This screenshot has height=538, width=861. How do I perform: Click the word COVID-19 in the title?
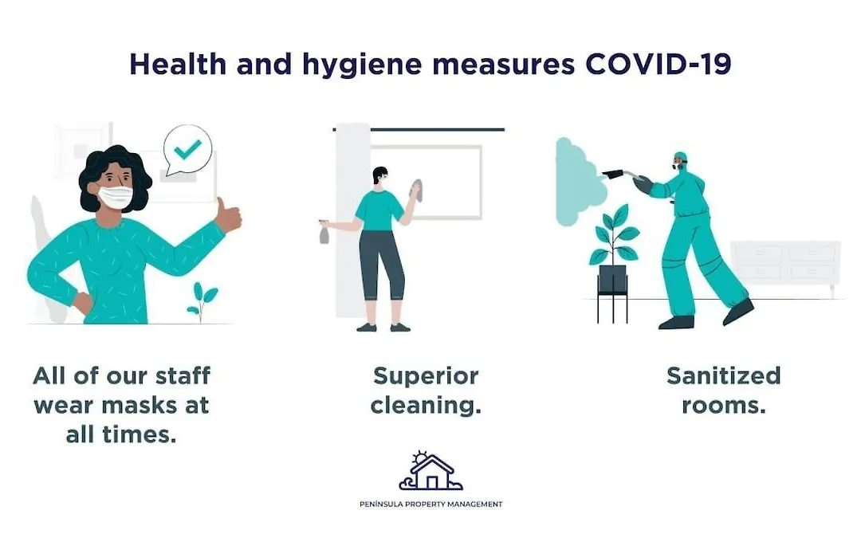coord(658,64)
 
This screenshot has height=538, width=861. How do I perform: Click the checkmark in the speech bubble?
coord(188,149)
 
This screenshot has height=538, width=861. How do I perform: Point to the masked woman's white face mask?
coord(116,198)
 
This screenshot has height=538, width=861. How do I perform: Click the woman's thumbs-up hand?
coord(227,215)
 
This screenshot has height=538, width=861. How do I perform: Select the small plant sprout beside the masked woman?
coord(202,301)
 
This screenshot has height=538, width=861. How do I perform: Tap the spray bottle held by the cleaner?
coord(324,232)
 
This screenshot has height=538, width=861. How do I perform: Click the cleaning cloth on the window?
coord(416,190)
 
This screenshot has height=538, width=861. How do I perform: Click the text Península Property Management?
coord(431,504)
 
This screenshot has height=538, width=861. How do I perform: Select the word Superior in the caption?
coord(426,377)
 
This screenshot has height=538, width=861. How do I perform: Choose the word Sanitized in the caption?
coord(724,376)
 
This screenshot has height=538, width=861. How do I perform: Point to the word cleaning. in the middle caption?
coord(426,406)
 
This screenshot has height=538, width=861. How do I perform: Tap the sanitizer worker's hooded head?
coord(680,160)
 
